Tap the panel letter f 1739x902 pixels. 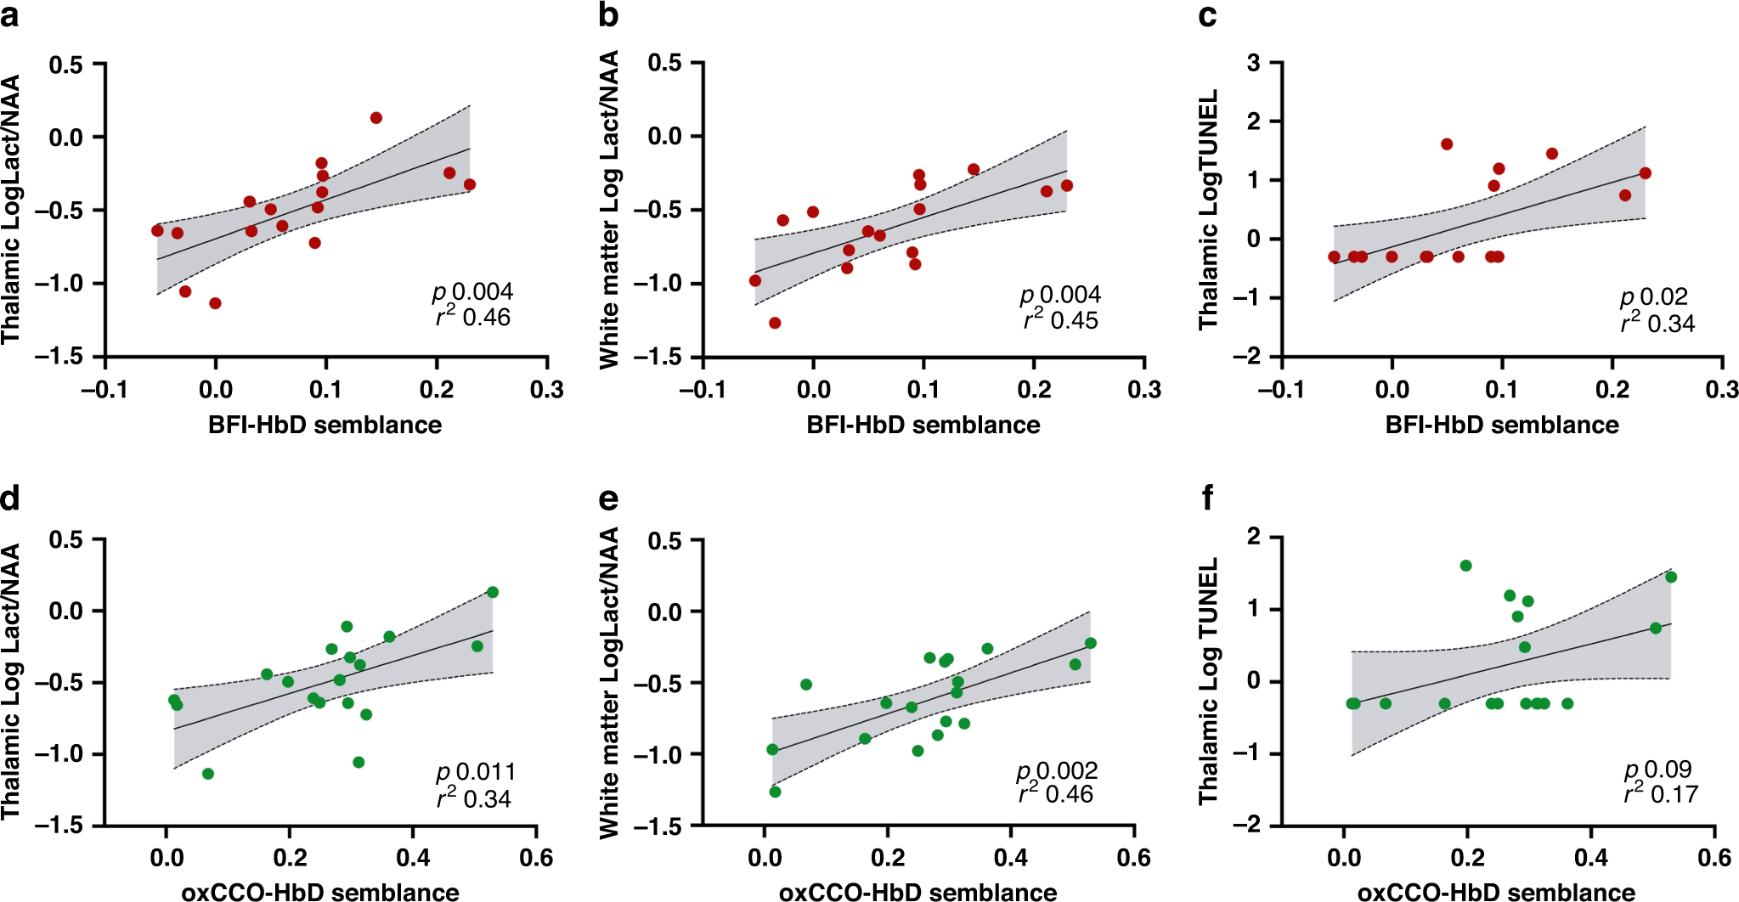tap(1208, 499)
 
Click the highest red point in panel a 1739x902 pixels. tap(376, 118)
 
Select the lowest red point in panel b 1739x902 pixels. tap(775, 323)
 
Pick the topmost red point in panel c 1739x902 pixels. tap(1447, 144)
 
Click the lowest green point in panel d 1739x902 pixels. tap(208, 774)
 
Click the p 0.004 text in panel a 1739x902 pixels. tap(472, 292)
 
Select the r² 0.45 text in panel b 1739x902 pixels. tap(1060, 320)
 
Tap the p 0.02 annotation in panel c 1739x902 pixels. tap(1653, 297)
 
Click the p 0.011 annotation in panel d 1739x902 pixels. tap(476, 772)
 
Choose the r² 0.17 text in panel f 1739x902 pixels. tap(1660, 794)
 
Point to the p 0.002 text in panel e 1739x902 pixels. tap(1057, 770)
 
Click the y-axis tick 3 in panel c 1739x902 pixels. tap(1253, 63)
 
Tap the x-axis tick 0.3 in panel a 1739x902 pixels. tap(547, 390)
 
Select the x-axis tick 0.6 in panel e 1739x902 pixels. tap(1134, 858)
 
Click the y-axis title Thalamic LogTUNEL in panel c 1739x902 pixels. tap(1208, 209)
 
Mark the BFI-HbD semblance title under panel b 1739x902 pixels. tap(923, 425)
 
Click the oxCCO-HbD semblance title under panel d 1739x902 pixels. tap(320, 892)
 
